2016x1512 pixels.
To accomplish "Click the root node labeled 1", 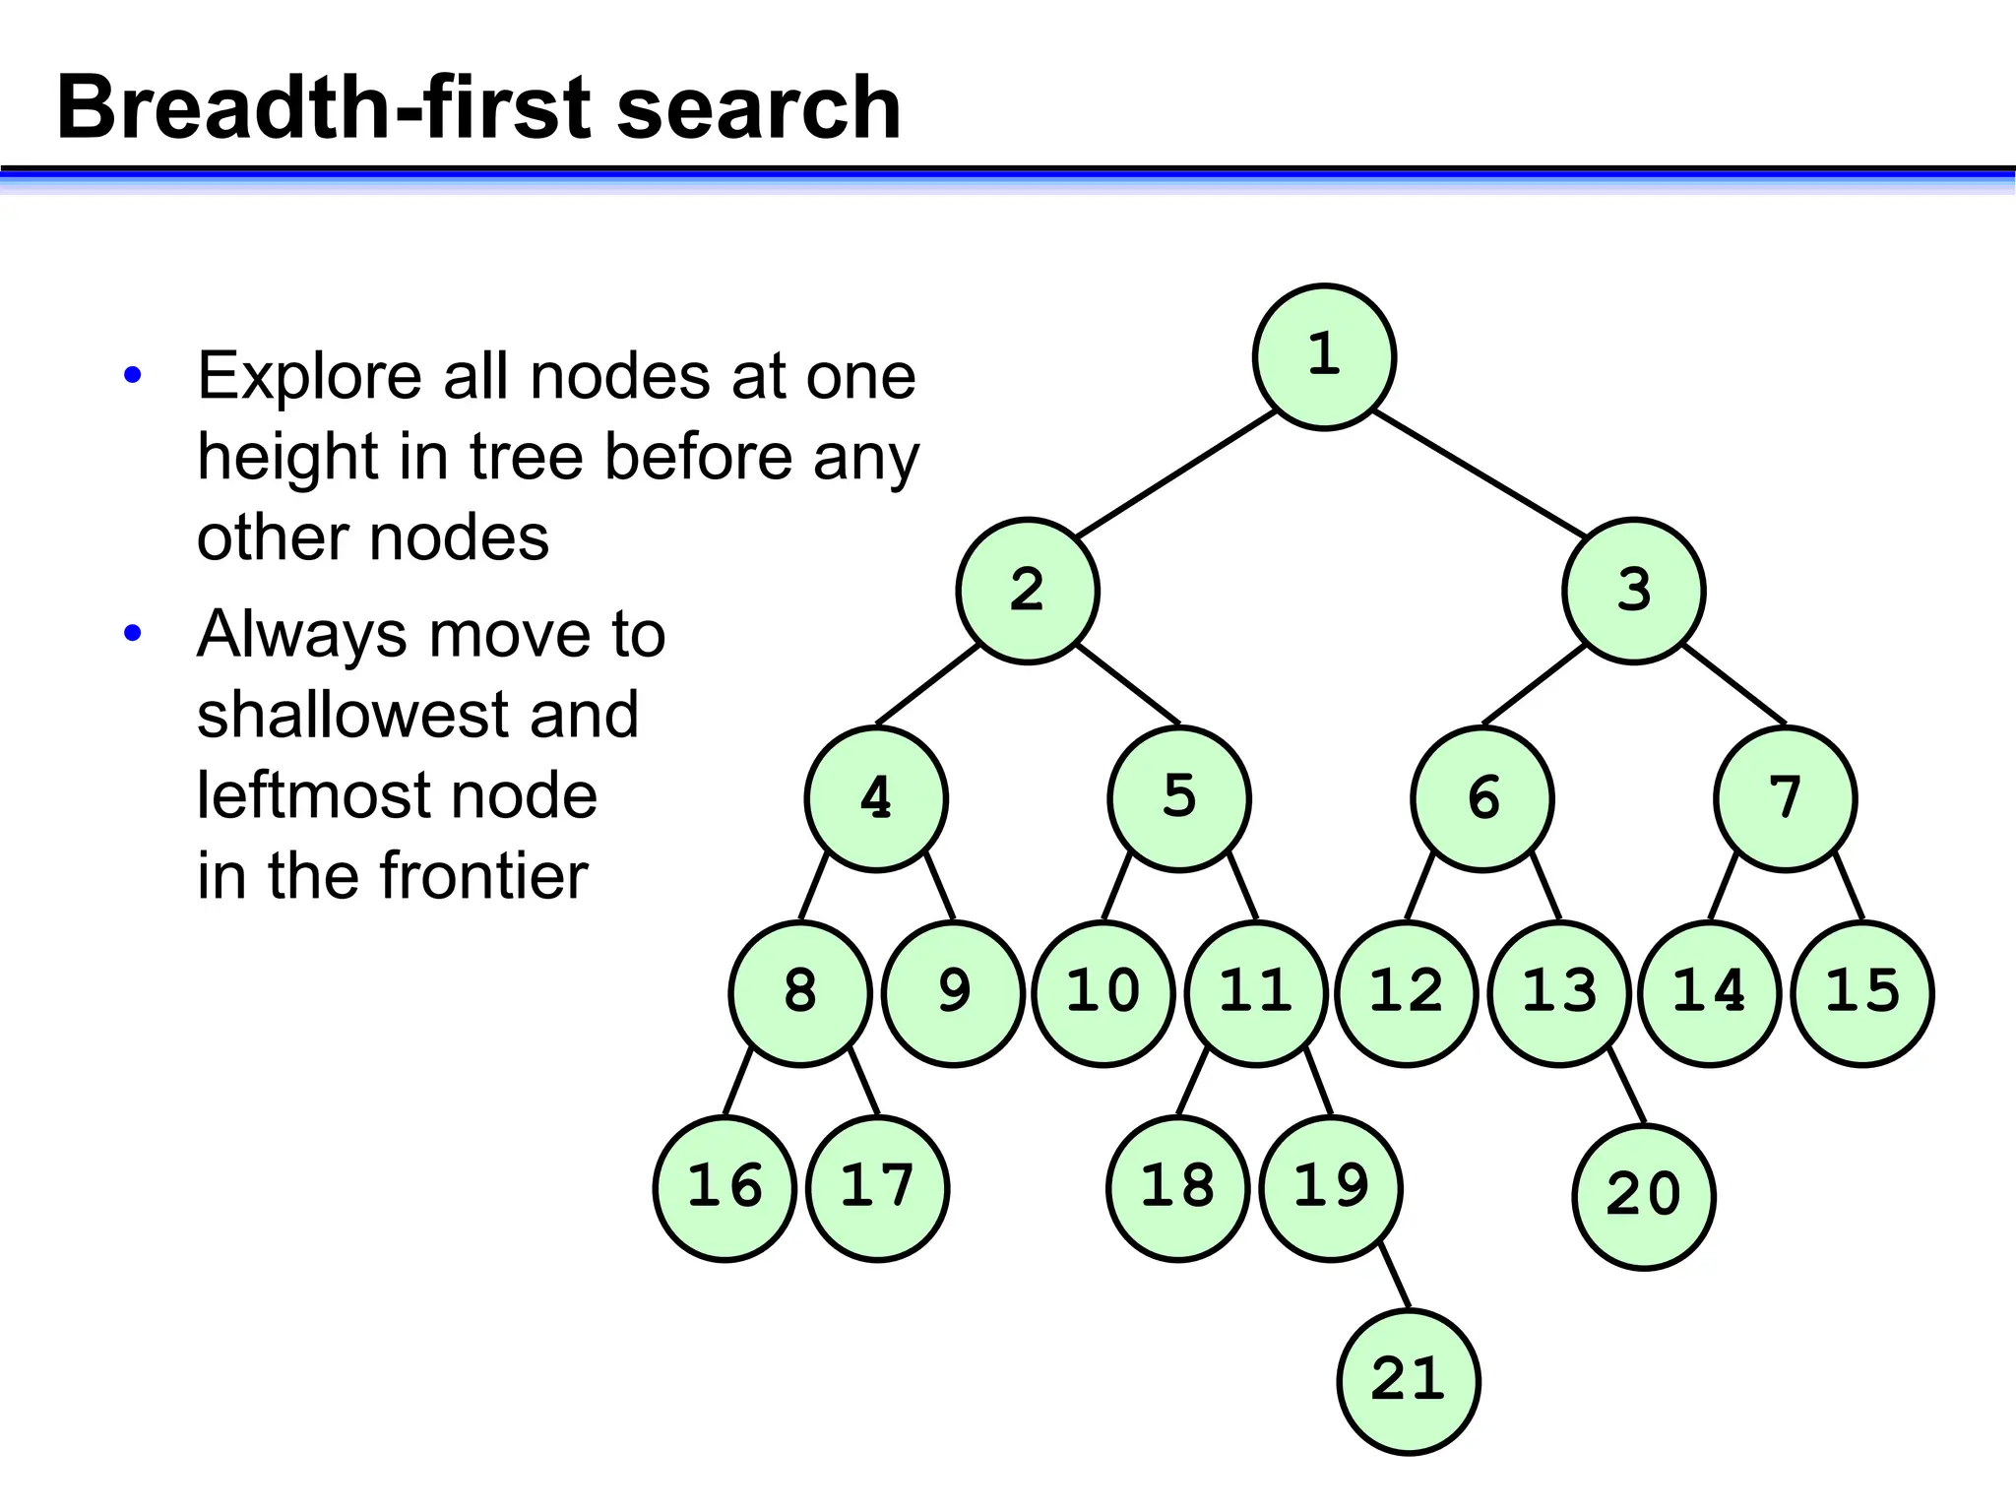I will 1324,356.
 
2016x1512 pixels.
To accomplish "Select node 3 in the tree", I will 1633,591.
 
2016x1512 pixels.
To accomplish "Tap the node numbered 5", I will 1179,798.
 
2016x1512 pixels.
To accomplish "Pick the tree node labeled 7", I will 1785,798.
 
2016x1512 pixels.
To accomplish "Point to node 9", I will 954,993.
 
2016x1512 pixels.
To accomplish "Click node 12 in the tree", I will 1407,993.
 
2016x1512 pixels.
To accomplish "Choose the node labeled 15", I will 1862,993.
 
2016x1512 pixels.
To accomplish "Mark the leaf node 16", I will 724,1188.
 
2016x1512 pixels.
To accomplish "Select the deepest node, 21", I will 1408,1381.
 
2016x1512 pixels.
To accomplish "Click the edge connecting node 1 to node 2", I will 1176,473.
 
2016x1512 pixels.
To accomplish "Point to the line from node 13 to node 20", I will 1627,1088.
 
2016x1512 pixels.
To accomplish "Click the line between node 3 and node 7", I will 1734,684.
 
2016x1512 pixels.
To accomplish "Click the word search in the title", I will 758,108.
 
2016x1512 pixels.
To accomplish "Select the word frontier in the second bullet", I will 483,876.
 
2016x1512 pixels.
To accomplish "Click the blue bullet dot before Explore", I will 133,375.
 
